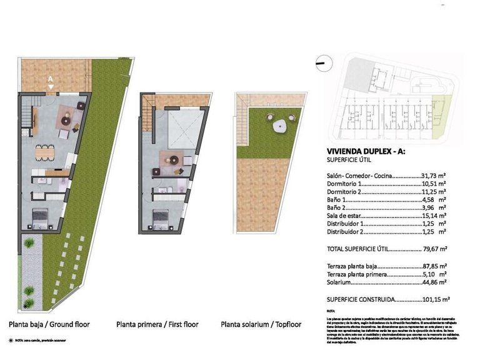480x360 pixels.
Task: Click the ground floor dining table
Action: click(44, 151)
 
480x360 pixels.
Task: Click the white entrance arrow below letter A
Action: click(51, 86)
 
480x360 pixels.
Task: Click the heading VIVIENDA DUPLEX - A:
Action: click(362, 151)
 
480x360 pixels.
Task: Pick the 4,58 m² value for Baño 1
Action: click(432, 200)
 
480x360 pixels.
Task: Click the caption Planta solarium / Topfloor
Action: click(261, 325)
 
